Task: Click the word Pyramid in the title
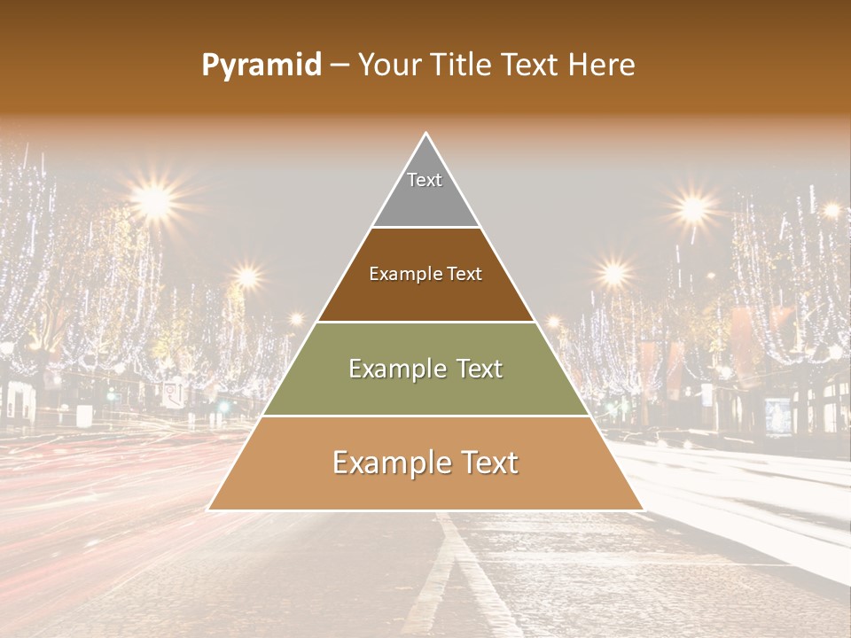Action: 261,66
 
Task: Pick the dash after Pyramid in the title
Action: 340,66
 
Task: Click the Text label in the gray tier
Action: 425,180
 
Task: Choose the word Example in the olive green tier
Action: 390,369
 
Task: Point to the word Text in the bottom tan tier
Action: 488,463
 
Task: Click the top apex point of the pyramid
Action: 426,134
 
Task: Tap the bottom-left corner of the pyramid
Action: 208,510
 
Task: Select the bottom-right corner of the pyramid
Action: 644,510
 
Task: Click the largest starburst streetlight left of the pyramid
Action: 155,202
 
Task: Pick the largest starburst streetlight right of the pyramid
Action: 694,208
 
